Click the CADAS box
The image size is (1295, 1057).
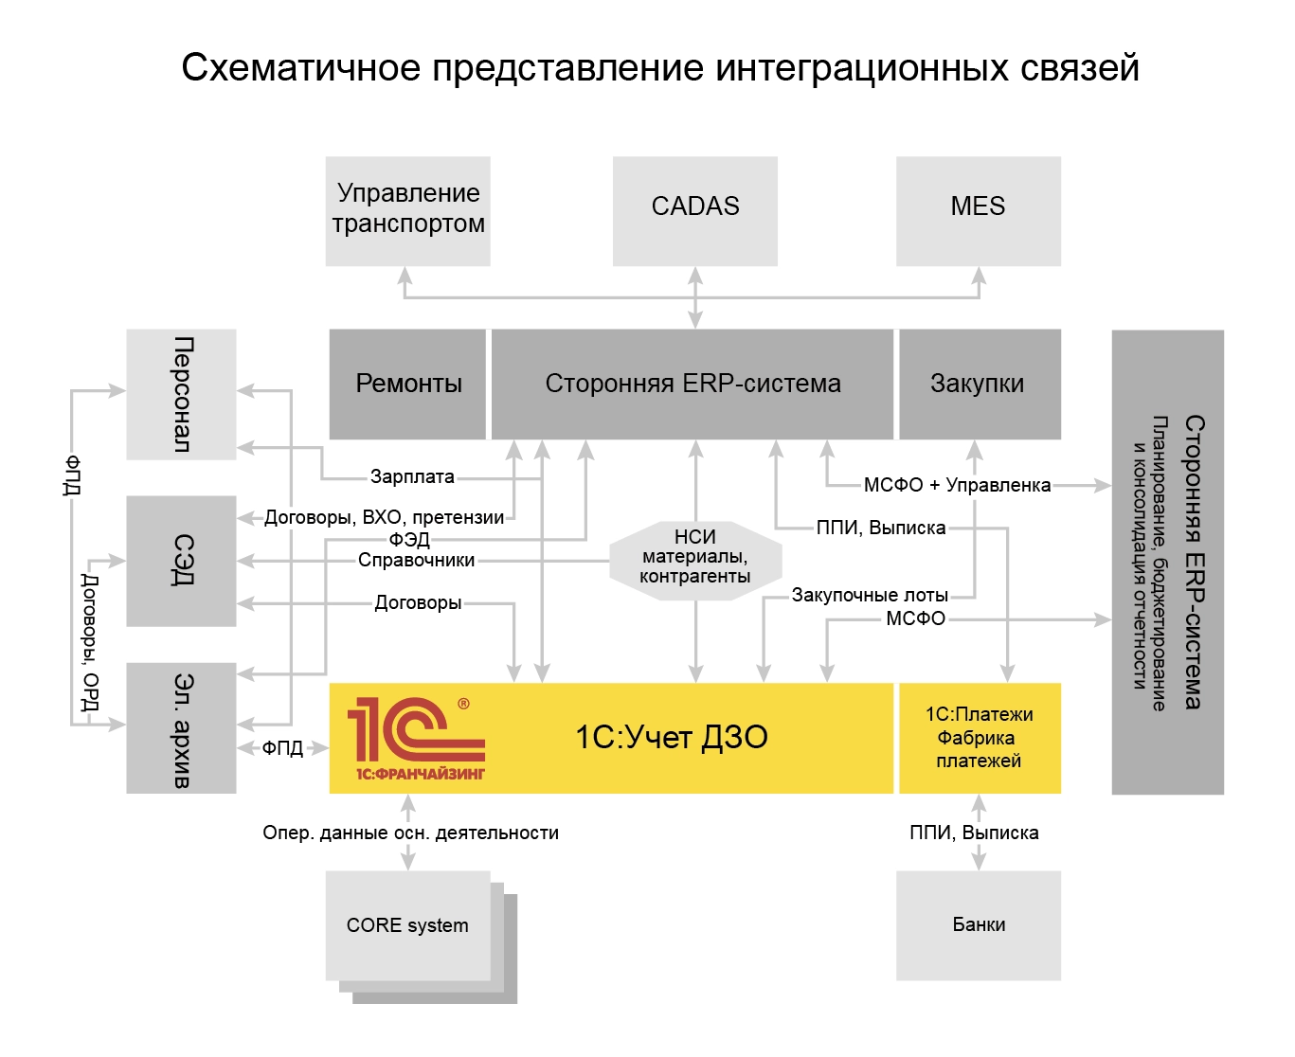[694, 210]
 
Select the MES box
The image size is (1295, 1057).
[978, 210]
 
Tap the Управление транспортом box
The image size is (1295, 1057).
[407, 210]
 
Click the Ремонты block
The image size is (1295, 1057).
[407, 384]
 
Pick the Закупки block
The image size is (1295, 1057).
[979, 384]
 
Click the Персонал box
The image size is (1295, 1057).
[181, 394]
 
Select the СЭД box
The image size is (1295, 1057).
[181, 560]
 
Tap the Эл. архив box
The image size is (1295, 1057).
[181, 727]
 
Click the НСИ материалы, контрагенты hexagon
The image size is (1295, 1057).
[694, 558]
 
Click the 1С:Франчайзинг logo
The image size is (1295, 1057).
[416, 739]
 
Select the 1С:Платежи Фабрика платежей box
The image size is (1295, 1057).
[979, 738]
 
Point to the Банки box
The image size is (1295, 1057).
[979, 924]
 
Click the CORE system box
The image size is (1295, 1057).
[407, 925]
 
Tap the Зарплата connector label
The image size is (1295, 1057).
[412, 476]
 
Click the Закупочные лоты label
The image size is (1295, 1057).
[870, 595]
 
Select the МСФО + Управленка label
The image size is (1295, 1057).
[957, 485]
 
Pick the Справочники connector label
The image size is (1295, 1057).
[416, 560]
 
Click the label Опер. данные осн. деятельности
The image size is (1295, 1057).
[410, 833]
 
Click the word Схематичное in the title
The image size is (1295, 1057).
[300, 68]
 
